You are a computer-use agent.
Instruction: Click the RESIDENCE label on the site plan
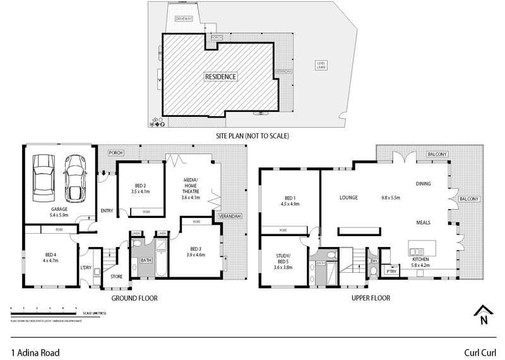220,76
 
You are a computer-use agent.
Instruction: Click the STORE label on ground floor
116,276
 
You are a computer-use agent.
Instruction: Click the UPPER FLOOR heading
370,297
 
